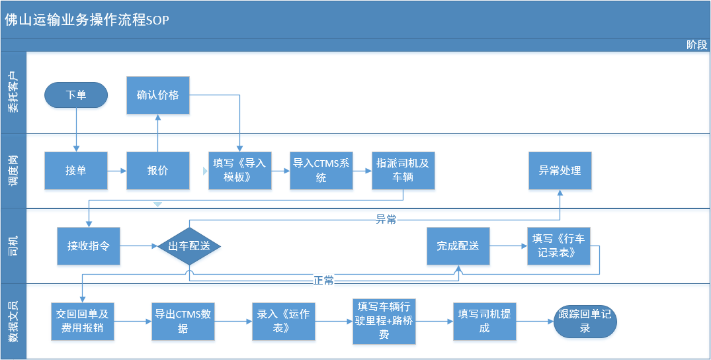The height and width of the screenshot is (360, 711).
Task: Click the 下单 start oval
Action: point(76,95)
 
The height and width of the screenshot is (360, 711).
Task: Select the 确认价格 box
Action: point(157,95)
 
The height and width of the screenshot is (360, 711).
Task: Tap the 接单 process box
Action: point(76,171)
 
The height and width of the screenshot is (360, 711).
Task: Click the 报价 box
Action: point(157,171)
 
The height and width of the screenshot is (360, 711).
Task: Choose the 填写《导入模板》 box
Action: point(239,171)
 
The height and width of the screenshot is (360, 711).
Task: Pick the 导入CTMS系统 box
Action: point(321,171)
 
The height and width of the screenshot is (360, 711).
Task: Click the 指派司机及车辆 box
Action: point(403,171)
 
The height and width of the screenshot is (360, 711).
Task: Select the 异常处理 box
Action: point(560,171)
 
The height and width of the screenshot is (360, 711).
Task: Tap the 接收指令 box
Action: point(89,246)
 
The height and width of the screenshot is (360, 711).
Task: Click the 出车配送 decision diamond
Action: point(188,246)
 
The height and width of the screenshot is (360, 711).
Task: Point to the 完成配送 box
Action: point(458,246)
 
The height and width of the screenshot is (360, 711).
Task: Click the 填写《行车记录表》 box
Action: point(558,246)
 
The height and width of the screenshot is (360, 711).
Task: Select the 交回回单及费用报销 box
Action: point(83,322)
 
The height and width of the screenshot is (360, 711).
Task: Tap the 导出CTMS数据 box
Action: point(183,322)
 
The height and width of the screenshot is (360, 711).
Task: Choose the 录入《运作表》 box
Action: point(283,322)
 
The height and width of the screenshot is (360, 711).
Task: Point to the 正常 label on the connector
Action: point(323,281)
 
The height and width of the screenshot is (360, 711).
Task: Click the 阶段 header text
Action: point(696,45)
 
